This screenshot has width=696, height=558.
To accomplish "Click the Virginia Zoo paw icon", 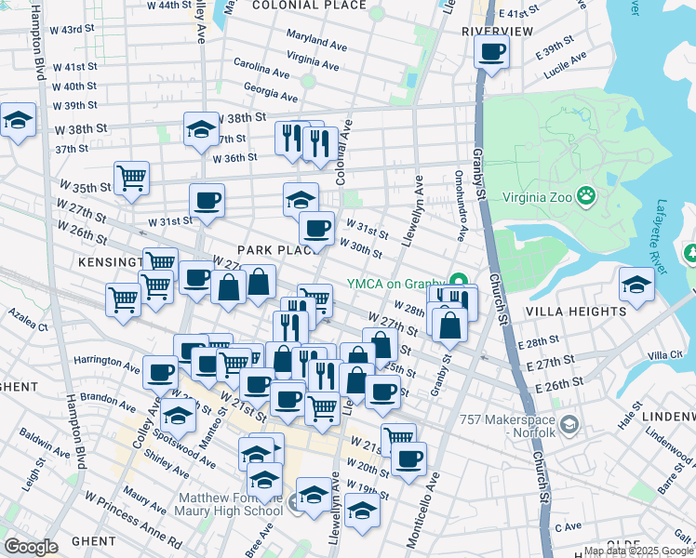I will (586, 196).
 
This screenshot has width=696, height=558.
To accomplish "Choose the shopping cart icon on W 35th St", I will (131, 176).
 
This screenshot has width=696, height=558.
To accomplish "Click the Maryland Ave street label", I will (316, 41).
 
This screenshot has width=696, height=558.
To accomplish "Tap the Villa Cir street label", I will (664, 355).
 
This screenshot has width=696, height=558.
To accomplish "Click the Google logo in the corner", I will (31, 547).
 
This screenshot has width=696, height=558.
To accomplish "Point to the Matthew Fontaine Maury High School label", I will (229, 503).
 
